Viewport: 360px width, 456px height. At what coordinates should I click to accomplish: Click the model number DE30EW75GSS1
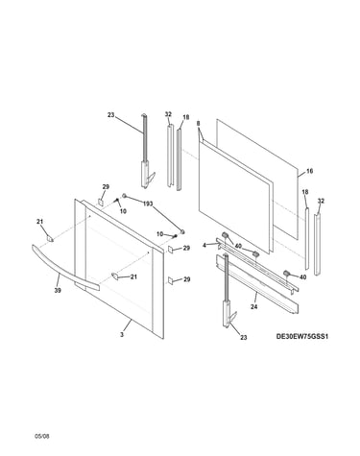(302, 336)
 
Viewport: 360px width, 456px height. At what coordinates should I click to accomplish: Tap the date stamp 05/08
(42, 436)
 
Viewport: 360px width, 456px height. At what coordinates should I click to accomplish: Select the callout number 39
(58, 290)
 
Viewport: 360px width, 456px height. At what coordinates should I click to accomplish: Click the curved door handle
(64, 269)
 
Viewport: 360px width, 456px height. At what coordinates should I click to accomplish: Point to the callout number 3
(122, 334)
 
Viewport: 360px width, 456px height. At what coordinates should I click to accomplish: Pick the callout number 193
(148, 204)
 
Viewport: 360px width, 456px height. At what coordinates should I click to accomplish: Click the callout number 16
(309, 171)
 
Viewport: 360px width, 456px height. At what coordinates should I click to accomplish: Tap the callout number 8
(198, 123)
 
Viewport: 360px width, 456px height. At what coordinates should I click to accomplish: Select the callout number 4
(204, 246)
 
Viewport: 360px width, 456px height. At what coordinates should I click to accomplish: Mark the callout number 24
(254, 306)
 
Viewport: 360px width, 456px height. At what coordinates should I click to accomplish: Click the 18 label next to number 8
(186, 117)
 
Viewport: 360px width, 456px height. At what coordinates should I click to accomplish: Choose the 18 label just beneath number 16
(305, 192)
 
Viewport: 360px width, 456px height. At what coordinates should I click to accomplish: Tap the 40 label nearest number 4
(238, 246)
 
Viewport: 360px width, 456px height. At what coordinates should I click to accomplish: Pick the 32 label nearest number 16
(321, 201)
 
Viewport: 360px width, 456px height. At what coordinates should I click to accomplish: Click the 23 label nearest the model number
(244, 337)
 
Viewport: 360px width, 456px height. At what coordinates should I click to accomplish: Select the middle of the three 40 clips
(255, 254)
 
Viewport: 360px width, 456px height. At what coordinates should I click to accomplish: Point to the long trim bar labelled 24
(257, 283)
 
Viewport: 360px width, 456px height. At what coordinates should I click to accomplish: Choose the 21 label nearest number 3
(133, 276)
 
